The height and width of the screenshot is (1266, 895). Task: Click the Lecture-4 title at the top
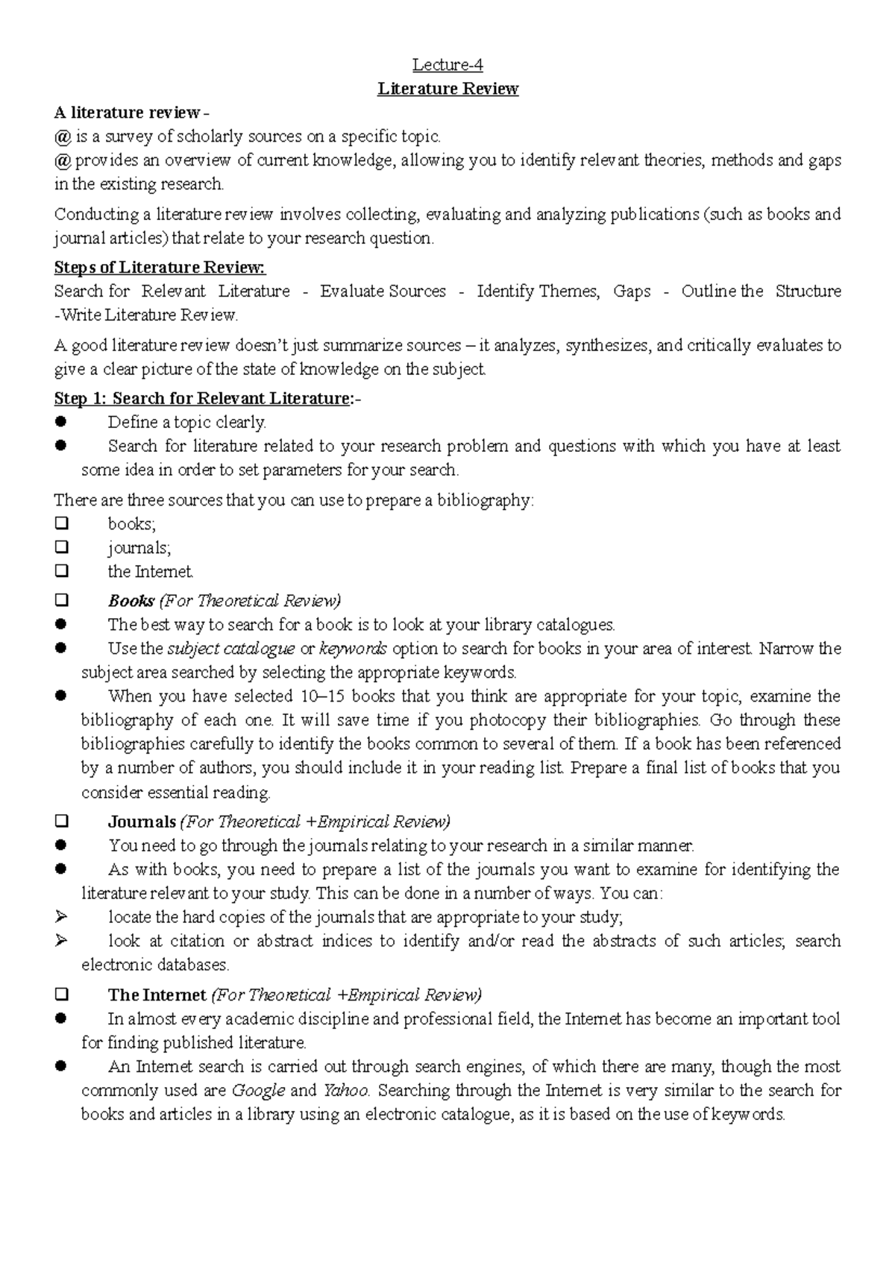tap(448, 66)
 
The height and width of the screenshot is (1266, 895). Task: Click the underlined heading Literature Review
tap(448, 89)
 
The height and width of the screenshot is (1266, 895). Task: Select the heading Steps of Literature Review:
tap(160, 268)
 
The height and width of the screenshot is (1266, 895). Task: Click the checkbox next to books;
tap(62, 523)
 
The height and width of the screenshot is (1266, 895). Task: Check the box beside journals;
tap(62, 547)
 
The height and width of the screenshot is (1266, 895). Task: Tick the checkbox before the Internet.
tap(62, 571)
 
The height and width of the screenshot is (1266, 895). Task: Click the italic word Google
tap(258, 1091)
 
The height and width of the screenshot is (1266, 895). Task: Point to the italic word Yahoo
tap(346, 1091)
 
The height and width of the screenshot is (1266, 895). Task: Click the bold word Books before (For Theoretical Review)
tap(131, 601)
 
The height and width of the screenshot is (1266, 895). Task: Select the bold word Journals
tap(142, 822)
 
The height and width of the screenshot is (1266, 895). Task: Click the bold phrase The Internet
tap(157, 995)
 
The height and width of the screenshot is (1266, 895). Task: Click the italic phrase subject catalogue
tap(230, 649)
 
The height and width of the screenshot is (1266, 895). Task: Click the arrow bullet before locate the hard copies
tap(62, 916)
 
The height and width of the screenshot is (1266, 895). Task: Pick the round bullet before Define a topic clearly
tap(62, 422)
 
